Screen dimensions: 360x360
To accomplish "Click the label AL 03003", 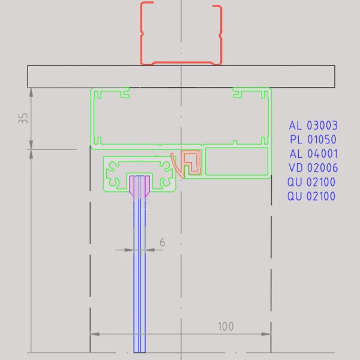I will coord(313,126).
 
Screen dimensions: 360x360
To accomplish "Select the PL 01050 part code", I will coord(313,140).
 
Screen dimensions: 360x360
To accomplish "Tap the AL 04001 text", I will coord(313,154).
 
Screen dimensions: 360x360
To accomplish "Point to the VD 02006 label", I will coord(313,168).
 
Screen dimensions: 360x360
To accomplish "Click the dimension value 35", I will coord(23,118).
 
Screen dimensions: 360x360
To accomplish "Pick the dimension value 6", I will coord(162,242).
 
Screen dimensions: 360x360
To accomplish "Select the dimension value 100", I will coord(226,326).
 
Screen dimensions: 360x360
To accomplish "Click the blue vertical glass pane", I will coord(139,270).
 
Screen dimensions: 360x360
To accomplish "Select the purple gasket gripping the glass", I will coord(139,187).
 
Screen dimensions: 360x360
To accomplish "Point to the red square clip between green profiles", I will coord(192,161).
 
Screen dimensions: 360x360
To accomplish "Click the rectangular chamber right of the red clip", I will coord(236,162).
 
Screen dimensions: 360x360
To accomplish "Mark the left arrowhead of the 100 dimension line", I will coord(94,334).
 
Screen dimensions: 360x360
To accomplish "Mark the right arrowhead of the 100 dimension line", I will coord(267,334).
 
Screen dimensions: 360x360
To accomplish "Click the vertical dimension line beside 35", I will coord(31,118).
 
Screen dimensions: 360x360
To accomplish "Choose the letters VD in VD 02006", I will coord(295,168).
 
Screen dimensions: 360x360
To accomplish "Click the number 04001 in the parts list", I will coord(322,154).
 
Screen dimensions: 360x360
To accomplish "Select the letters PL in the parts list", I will coord(296,140).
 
